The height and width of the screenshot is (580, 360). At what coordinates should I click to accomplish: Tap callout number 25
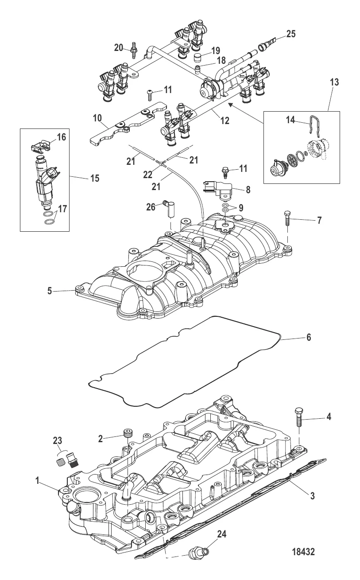pyautogui.click(x=291, y=34)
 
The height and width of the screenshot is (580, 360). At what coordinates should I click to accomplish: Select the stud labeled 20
pyautogui.click(x=133, y=50)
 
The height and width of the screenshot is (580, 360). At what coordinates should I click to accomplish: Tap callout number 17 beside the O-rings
pyautogui.click(x=62, y=208)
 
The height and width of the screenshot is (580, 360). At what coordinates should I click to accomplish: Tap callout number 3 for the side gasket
pyautogui.click(x=312, y=496)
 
